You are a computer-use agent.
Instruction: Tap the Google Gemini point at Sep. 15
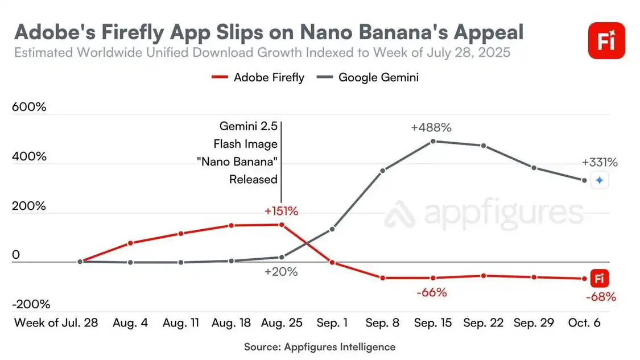(433, 141)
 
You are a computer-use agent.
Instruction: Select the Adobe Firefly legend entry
(258, 77)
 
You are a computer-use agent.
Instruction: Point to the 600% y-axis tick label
(29, 107)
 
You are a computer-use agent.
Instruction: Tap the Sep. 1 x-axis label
(332, 322)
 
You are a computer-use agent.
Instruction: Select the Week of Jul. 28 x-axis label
(56, 322)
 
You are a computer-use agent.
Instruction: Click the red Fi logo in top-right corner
(606, 41)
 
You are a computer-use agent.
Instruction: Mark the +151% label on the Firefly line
(281, 211)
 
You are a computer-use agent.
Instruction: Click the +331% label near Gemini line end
(599, 163)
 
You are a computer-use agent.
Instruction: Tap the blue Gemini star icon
(599, 180)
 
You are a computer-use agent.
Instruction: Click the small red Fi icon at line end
(599, 279)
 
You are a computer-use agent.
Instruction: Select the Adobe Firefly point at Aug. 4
(131, 243)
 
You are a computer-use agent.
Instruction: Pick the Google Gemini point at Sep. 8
(383, 171)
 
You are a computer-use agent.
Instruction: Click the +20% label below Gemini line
(281, 272)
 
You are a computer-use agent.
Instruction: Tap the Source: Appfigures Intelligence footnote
(320, 346)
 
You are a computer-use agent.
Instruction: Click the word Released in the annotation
(253, 179)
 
